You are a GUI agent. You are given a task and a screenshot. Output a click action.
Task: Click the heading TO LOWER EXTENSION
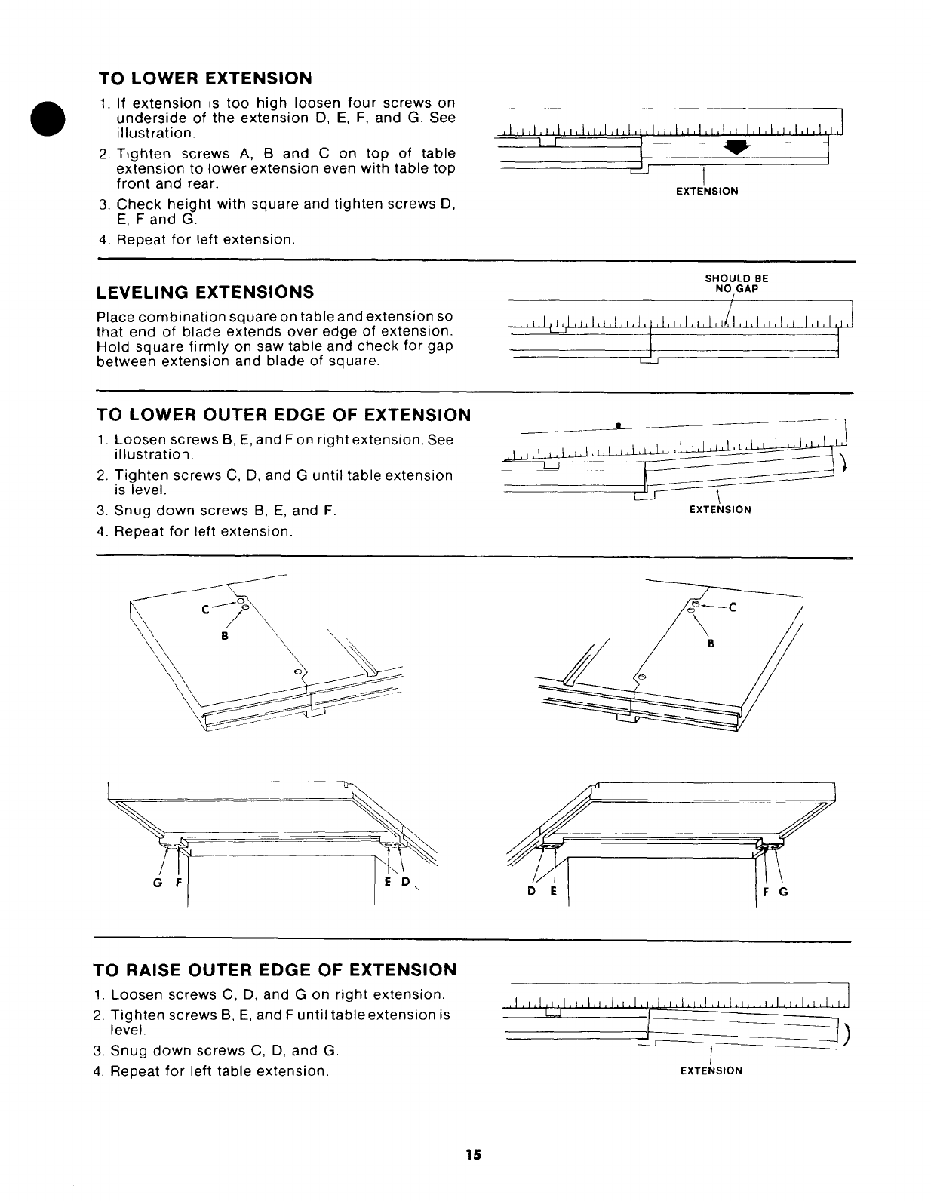(205, 78)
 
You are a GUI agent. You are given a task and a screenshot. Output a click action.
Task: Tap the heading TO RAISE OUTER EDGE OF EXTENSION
(275, 969)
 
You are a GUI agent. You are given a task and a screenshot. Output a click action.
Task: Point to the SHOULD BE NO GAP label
(736, 283)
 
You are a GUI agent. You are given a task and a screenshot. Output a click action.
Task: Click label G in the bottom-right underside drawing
(782, 891)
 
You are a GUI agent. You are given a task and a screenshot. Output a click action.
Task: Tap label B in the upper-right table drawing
(710, 644)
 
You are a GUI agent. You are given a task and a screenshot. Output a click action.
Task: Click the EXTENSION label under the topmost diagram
(706, 192)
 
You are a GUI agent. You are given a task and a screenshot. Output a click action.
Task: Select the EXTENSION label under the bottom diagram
(711, 1070)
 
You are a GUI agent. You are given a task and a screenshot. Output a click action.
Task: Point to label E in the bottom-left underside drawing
(387, 884)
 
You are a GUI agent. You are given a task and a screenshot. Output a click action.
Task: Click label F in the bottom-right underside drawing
(765, 891)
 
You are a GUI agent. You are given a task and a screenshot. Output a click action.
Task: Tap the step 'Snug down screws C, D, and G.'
(224, 1050)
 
